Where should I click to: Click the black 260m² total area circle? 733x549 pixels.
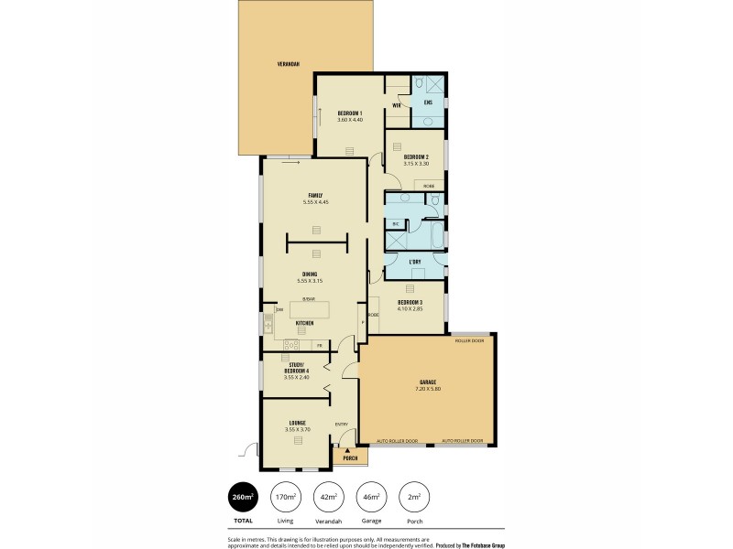pos(243,497)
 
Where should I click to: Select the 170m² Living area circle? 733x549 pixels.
pos(285,497)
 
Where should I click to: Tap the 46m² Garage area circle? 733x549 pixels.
pos(371,497)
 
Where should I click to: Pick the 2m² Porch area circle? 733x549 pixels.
pos(414,497)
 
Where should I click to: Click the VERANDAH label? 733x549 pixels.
pos(290,65)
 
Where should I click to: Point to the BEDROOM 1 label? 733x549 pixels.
pos(350,113)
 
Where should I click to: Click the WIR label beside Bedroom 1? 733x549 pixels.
pos(397,105)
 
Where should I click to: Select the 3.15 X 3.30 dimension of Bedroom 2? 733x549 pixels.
pos(415,163)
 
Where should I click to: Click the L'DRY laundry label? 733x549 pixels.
pos(415,263)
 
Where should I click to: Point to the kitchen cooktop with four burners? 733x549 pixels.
pos(291,345)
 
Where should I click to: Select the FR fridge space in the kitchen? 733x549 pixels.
pos(319,346)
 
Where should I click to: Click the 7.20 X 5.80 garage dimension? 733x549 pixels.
pos(428,389)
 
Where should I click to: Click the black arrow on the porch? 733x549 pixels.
pos(347,450)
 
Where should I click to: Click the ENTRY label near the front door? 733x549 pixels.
pos(341,424)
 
